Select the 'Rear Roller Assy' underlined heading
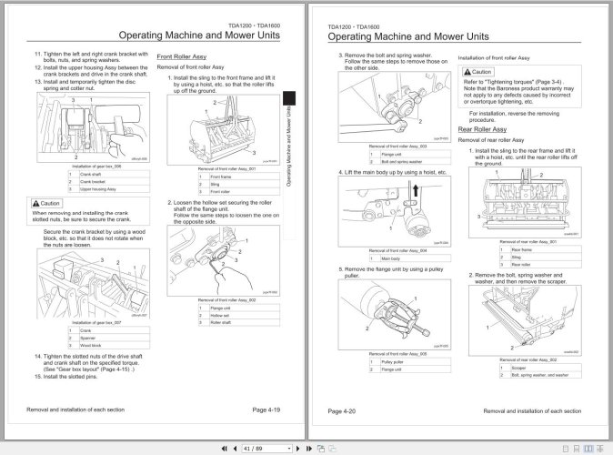coord(485,130)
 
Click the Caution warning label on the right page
coord(478,71)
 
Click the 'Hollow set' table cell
coord(219,315)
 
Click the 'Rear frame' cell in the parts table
coord(522,248)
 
